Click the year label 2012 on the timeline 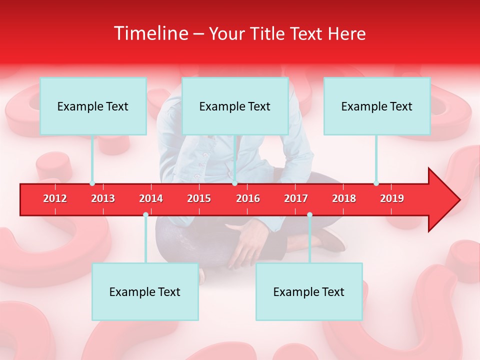click(55, 198)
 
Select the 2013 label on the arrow click(103, 198)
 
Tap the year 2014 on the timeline click(151, 198)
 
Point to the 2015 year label click(199, 198)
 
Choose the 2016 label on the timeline click(248, 198)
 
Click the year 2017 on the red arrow click(296, 198)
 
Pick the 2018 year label click(344, 198)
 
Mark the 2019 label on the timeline click(392, 198)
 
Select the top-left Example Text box click(93, 106)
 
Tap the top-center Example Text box click(235, 106)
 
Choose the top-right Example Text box click(377, 106)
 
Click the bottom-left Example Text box click(145, 291)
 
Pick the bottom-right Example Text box click(309, 291)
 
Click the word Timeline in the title click(150, 33)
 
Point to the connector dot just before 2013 click(92, 183)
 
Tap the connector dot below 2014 click(145, 214)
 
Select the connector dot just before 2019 click(376, 183)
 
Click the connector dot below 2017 click(309, 214)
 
